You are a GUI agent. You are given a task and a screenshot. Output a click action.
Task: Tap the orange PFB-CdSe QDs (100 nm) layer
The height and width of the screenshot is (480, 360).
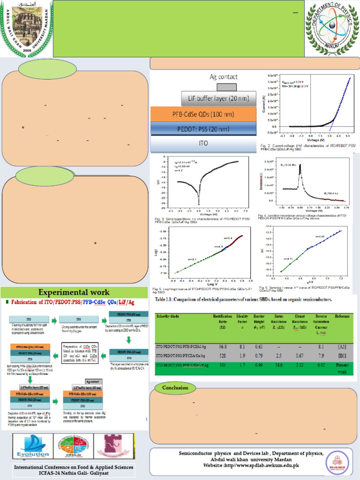click(x=204, y=114)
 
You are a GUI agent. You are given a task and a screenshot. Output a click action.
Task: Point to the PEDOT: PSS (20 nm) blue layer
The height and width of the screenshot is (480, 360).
click(x=204, y=128)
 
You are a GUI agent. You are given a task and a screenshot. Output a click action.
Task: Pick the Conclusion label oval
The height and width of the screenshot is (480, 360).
click(x=175, y=388)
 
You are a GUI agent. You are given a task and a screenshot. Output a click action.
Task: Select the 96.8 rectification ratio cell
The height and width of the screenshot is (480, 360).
click(x=223, y=347)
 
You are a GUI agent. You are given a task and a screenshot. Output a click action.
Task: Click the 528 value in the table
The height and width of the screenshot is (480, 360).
click(x=223, y=356)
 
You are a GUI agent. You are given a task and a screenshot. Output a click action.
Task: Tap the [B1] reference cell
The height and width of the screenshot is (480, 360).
click(x=342, y=356)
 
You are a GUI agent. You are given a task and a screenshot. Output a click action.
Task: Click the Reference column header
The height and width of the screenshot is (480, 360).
click(x=342, y=317)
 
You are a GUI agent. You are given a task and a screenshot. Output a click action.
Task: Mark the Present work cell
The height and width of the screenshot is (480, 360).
click(x=342, y=368)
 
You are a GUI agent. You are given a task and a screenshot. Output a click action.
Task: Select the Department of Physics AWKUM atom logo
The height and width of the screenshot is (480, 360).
click(x=331, y=27)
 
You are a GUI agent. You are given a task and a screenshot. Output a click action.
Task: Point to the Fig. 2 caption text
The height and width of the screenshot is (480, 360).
click(x=308, y=148)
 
